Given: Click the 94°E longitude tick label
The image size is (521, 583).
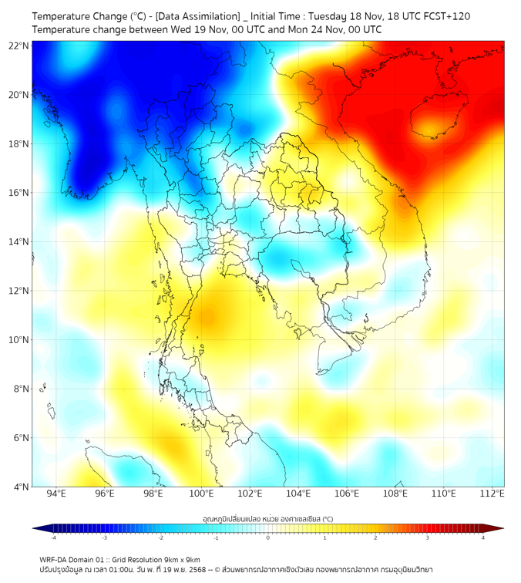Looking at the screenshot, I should [56, 494].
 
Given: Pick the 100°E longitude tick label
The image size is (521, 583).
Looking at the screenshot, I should [202, 494].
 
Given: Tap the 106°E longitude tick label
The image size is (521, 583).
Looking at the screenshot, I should [348, 494].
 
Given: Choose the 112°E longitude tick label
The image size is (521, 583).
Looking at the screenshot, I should [492, 494].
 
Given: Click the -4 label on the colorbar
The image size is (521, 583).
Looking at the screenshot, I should [53, 537].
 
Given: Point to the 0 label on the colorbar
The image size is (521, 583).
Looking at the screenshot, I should [268, 537].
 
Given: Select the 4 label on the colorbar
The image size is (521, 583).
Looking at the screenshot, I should [482, 537].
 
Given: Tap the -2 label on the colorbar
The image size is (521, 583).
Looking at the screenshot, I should [160, 537].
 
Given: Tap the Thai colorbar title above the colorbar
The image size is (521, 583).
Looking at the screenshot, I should [267, 518].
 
